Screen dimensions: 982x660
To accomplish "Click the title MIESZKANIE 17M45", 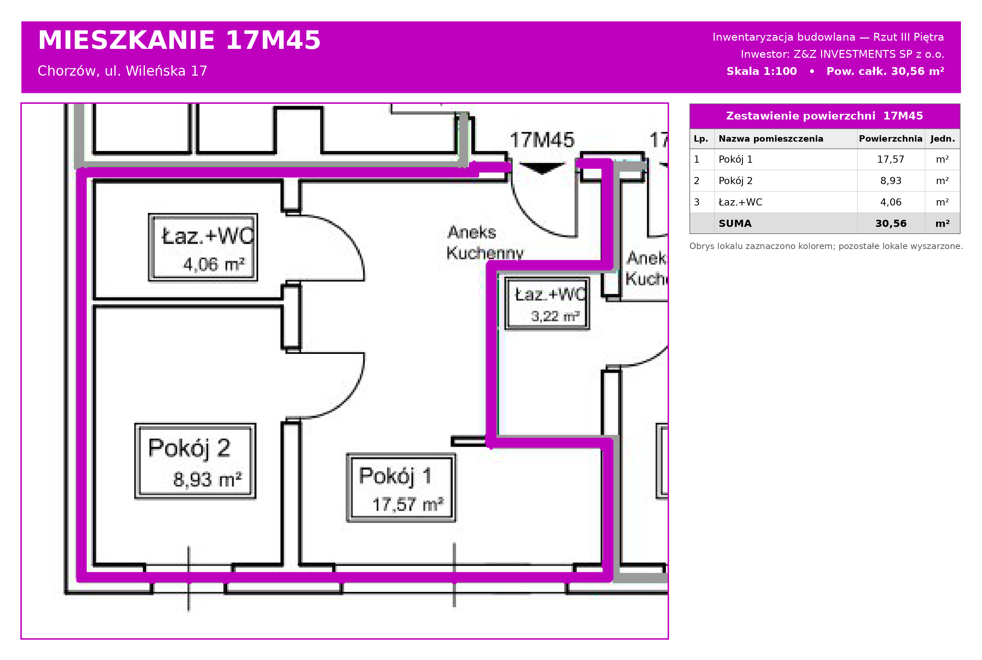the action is (179, 40).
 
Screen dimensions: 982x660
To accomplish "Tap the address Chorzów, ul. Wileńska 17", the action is (122, 71).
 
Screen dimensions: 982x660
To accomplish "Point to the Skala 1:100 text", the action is (761, 71).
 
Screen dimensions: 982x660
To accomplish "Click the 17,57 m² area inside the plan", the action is (408, 504).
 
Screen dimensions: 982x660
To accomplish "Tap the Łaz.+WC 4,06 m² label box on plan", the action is (203, 247).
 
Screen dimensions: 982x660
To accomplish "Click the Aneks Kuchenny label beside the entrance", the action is (485, 243).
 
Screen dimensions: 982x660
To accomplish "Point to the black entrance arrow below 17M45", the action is (542, 168).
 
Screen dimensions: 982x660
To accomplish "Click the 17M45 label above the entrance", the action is (542, 140).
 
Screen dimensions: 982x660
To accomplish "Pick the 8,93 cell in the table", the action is (891, 181).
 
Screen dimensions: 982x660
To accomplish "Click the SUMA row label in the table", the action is (735, 223).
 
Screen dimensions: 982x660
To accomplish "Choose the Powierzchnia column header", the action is (891, 138).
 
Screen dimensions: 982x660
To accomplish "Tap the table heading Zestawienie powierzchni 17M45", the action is (825, 116).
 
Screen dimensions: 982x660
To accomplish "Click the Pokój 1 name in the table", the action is (735, 159).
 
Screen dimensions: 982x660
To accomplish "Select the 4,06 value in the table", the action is (891, 202).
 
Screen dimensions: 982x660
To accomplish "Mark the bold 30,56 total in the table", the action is (891, 223).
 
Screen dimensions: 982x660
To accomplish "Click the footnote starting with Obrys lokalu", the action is (826, 246).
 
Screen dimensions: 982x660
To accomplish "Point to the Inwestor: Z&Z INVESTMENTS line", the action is (842, 54).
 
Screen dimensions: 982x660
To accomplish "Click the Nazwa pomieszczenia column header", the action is (771, 138).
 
